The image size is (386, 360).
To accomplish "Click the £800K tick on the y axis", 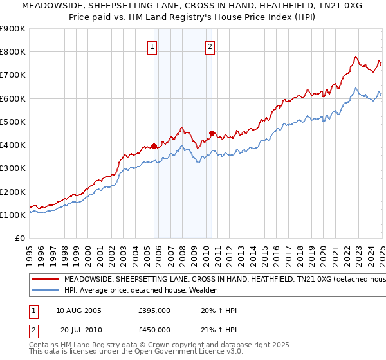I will (x=13, y=52).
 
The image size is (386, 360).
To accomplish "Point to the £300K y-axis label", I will (x=13, y=168).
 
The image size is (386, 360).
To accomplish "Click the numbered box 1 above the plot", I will (x=152, y=46).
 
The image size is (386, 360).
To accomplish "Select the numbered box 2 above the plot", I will (x=210, y=46).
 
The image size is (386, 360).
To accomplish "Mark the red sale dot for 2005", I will (x=154, y=146).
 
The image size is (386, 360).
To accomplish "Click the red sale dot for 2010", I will (x=212, y=133).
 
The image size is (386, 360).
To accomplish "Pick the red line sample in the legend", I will (x=46, y=280).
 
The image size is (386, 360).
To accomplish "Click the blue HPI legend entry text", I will (x=142, y=291).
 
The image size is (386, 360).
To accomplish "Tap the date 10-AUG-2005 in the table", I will (x=78, y=310).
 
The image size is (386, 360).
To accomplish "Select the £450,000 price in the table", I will (x=154, y=330).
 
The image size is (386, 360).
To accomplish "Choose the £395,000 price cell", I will (x=154, y=310).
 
